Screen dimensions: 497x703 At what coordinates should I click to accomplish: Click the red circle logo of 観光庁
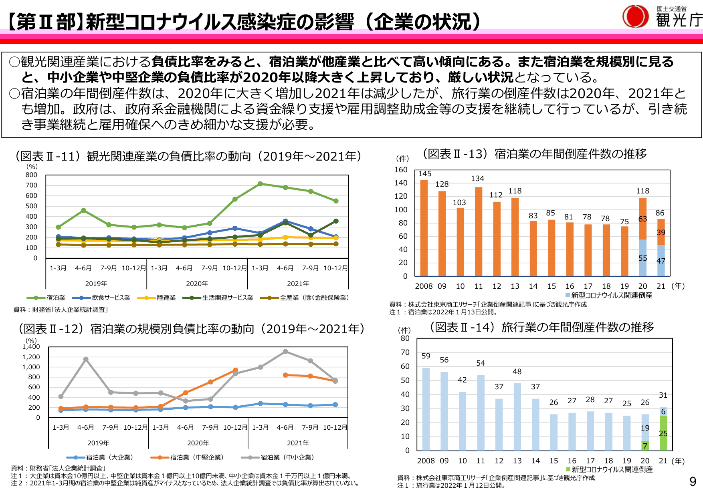(x=635, y=17)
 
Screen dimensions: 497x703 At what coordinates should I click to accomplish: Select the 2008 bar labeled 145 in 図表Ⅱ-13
(x=424, y=228)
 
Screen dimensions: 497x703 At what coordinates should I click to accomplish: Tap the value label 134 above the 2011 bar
(x=477, y=179)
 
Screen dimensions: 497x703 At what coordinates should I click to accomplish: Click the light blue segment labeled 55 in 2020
(x=642, y=258)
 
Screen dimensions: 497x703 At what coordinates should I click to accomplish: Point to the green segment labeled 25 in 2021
(x=663, y=433)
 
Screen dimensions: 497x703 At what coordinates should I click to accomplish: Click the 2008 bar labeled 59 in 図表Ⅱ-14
(x=426, y=408)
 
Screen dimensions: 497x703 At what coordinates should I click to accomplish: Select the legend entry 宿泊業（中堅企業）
(x=187, y=457)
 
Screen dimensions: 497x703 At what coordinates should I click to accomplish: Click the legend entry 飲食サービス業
(x=101, y=298)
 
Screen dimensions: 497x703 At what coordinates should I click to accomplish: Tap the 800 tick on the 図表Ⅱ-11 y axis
(x=31, y=175)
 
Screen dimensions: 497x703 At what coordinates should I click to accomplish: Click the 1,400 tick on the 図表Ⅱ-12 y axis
(x=31, y=347)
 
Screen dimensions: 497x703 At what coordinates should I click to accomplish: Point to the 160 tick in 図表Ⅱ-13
(x=401, y=170)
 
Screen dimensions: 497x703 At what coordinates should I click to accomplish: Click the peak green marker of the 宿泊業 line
(x=260, y=184)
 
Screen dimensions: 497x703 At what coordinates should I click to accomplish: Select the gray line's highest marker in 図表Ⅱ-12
(x=285, y=352)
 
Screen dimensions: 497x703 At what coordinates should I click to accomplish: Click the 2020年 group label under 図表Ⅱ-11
(x=197, y=284)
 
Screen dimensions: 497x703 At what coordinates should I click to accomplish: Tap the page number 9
(x=693, y=481)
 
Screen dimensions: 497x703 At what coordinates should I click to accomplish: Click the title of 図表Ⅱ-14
(x=542, y=327)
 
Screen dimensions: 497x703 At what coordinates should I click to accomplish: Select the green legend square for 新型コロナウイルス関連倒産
(x=568, y=469)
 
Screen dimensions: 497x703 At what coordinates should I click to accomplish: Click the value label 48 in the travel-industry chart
(x=517, y=372)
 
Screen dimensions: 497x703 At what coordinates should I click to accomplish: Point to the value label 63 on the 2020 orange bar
(x=642, y=219)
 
